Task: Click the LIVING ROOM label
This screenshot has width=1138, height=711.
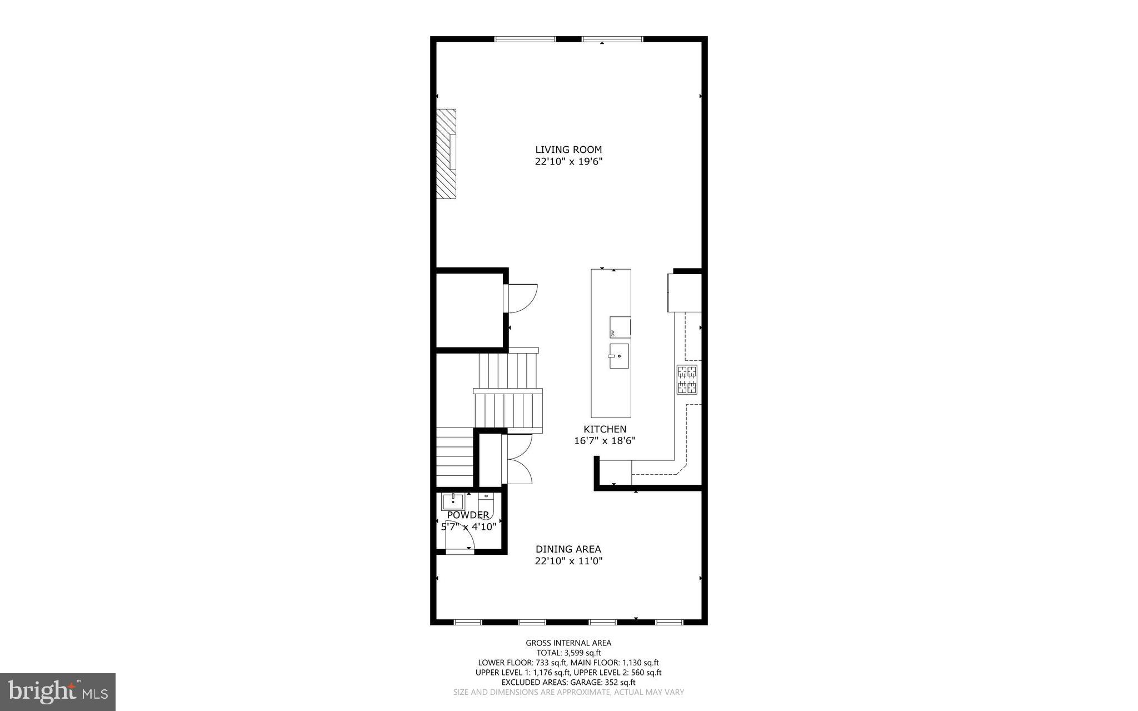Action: (x=568, y=150)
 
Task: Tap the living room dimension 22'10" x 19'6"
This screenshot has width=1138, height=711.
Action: (x=568, y=162)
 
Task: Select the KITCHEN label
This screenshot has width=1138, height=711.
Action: (x=605, y=429)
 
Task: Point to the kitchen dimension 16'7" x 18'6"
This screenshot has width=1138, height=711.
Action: (x=605, y=441)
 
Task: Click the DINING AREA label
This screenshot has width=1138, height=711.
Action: (x=568, y=549)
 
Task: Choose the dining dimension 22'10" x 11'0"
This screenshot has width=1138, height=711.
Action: (x=568, y=561)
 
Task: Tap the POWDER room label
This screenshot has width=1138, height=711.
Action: (x=468, y=515)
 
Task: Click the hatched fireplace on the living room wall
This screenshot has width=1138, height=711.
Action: (x=446, y=154)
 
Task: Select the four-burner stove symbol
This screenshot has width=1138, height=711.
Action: (x=687, y=380)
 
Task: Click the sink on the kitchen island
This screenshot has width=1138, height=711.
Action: (x=618, y=356)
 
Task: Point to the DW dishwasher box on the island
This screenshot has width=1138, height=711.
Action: (x=620, y=327)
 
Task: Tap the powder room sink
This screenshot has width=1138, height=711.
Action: (x=453, y=501)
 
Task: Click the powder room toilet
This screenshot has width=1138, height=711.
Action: (x=486, y=503)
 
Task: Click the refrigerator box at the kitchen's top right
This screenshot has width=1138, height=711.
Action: (x=684, y=292)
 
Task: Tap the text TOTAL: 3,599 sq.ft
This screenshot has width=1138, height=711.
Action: (x=568, y=653)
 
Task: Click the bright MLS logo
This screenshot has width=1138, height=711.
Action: (x=57, y=692)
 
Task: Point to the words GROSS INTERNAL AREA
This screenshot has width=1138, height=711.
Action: (x=568, y=643)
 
